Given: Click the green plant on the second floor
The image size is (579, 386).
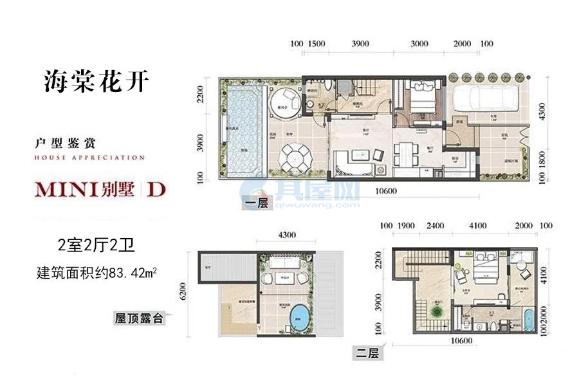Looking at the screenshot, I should tap(437, 310).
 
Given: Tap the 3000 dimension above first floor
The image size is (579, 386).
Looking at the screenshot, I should tap(419, 44).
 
